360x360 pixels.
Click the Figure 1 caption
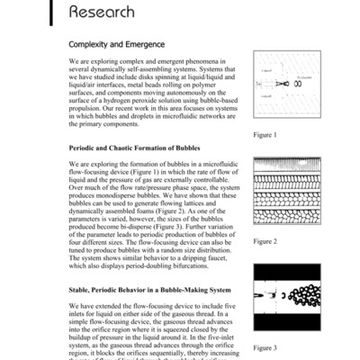tap(265, 135)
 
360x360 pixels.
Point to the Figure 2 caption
tap(265, 241)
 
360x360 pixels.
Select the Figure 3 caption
tap(265, 346)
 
